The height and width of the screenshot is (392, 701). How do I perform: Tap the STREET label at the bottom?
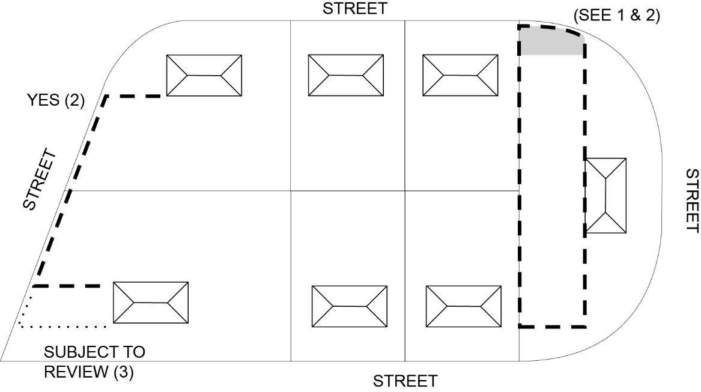(x=405, y=381)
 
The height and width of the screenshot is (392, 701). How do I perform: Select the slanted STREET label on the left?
(x=39, y=180)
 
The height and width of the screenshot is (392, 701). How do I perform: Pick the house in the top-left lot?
(x=204, y=76)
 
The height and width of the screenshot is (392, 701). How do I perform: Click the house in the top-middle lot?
(x=346, y=76)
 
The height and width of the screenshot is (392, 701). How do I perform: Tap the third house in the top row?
(x=461, y=76)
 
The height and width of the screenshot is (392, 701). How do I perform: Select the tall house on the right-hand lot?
(x=606, y=196)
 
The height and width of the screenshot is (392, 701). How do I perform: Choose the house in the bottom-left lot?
(x=151, y=303)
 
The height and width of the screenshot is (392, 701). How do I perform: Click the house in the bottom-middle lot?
(x=350, y=306)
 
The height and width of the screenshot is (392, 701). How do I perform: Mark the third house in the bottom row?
(x=463, y=306)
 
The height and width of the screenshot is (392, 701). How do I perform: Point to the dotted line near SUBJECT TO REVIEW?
(x=63, y=327)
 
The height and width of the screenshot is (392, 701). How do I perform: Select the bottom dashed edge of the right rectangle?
(x=553, y=327)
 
